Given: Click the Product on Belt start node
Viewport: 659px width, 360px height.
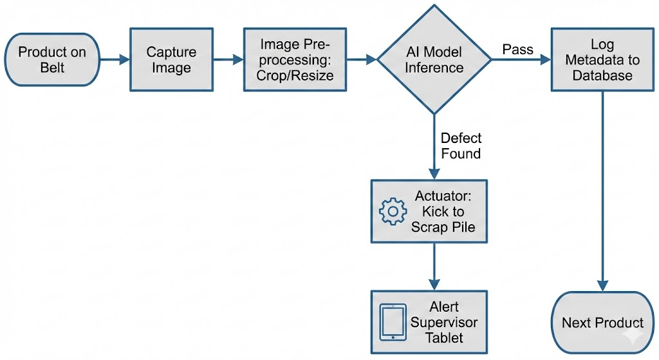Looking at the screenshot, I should pyautogui.click(x=51, y=59).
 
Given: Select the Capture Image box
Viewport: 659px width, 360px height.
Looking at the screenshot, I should pyautogui.click(x=171, y=59).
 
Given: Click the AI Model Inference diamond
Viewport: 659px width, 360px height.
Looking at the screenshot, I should pyautogui.click(x=434, y=60).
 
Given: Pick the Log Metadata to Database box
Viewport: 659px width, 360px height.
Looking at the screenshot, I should pyautogui.click(x=602, y=60).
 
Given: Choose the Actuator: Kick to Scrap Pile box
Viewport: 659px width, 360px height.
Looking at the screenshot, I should pyautogui.click(x=429, y=212).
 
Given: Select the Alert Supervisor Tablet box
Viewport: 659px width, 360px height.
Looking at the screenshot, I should pyautogui.click(x=429, y=321).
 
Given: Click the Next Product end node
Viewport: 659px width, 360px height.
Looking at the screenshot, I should pyautogui.click(x=602, y=323).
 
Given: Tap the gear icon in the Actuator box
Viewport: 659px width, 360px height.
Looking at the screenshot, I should pyautogui.click(x=393, y=212).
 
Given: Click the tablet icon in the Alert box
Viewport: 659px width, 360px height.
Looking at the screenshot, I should pyautogui.click(x=393, y=321).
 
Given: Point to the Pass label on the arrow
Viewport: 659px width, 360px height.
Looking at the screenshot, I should pyautogui.click(x=518, y=49).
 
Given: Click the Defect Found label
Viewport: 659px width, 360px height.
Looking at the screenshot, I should pyautogui.click(x=461, y=146).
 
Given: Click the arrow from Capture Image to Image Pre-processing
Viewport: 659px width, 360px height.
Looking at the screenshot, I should pyautogui.click(x=228, y=60).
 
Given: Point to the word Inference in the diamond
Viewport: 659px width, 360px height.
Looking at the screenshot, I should pyautogui.click(x=434, y=68).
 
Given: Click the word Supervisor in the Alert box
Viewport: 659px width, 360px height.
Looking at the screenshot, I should pyautogui.click(x=444, y=322).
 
